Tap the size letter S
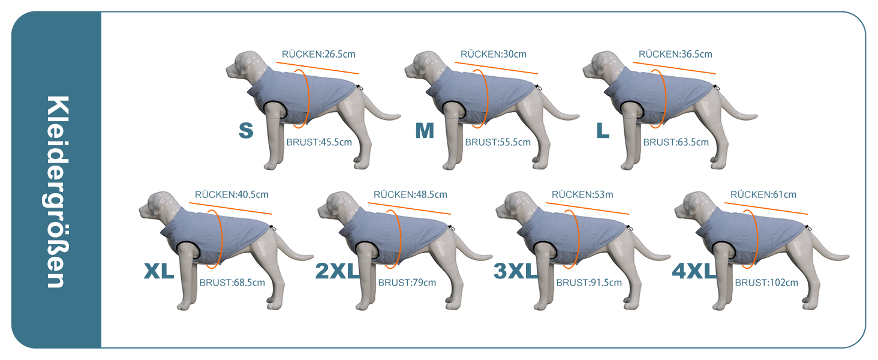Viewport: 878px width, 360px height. click(246, 131)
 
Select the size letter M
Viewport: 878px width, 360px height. click(425, 131)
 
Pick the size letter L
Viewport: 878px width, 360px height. click(603, 131)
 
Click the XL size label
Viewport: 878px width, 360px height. click(159, 271)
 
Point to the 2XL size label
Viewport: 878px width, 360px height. click(338, 271)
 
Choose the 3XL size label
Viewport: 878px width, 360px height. click(516, 271)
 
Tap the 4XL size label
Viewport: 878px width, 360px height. click(694, 271)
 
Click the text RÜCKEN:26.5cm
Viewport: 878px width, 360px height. click(318, 54)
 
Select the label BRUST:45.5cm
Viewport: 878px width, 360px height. click(319, 142)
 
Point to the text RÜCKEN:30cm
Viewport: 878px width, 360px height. click(494, 54)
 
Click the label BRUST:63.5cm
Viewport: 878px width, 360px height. click(676, 142)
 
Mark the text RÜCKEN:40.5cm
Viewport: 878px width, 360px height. click(231, 194)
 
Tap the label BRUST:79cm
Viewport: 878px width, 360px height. click(407, 283)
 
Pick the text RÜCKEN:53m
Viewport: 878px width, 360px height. click(582, 194)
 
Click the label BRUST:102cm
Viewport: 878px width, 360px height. click(766, 283)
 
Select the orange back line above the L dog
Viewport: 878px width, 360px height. click(674, 68)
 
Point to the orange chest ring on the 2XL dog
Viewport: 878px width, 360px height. click(400, 239)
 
